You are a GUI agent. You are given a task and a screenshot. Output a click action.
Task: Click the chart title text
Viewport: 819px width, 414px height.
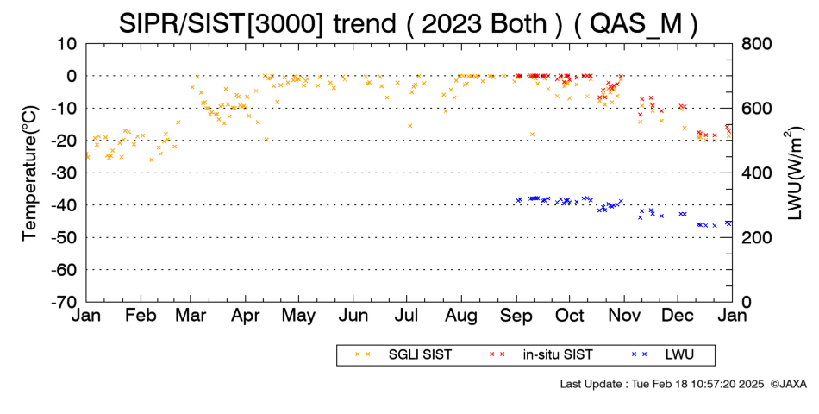point(409,23)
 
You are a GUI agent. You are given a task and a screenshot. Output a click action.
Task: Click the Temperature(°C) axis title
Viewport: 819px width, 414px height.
point(30,173)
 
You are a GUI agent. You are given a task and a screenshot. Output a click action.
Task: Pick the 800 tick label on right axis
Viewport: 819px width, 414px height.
point(756,44)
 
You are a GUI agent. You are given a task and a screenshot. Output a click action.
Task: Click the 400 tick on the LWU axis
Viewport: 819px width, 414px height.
point(756,173)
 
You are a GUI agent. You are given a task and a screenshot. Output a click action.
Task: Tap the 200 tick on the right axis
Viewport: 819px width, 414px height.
point(756,238)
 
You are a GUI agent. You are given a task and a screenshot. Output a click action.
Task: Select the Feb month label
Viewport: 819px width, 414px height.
point(141,316)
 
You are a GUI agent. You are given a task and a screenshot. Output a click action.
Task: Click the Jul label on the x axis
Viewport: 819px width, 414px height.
point(406,316)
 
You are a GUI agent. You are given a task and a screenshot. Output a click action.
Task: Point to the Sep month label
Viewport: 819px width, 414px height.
point(516,317)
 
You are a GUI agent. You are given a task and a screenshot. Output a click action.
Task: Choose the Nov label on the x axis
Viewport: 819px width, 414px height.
point(624,316)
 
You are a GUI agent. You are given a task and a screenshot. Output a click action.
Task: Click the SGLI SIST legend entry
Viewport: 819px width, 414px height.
point(403,355)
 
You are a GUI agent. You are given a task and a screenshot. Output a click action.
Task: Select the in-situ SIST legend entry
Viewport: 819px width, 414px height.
point(541,355)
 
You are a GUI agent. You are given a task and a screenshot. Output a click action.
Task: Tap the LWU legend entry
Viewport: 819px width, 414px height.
point(663,355)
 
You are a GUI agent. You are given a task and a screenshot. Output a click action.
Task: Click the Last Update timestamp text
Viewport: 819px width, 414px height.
point(662,384)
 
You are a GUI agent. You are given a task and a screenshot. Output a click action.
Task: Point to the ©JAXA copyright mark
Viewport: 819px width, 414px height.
point(788,384)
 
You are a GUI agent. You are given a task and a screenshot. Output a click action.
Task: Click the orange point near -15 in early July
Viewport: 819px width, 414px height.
point(410,125)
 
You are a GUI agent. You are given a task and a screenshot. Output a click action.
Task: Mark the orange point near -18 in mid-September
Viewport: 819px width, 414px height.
point(532,135)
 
